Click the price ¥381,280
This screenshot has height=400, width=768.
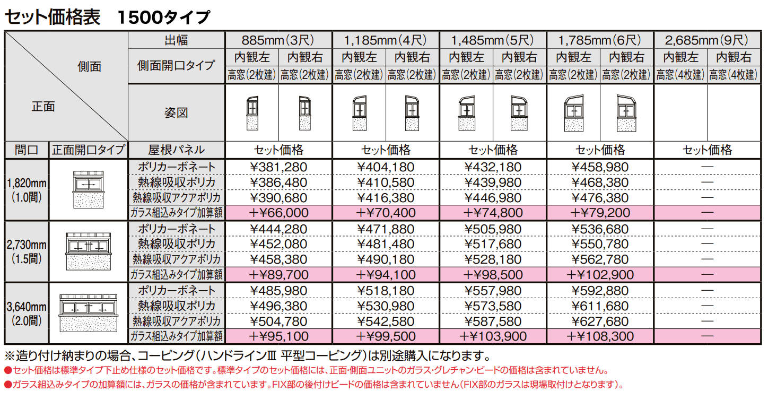click(278, 167)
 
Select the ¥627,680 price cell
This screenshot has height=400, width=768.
click(600, 321)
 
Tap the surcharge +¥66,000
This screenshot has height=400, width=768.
click(278, 213)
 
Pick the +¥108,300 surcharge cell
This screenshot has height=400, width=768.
click(600, 336)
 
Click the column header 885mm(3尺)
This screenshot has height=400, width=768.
click(278, 40)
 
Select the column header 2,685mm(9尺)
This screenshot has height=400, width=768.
click(708, 40)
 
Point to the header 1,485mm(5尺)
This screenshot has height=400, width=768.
click(492, 40)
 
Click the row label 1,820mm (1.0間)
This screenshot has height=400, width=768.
click(27, 190)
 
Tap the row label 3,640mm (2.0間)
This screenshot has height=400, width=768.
click(27, 314)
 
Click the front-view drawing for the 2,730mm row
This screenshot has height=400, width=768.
click(88, 251)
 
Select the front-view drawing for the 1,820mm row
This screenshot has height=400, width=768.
click(88, 189)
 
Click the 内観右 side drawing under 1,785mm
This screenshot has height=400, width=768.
click(626, 112)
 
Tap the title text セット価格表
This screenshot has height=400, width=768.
click(52, 17)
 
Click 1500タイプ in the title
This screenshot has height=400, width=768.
click(163, 17)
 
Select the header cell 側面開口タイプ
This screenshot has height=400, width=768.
click(176, 65)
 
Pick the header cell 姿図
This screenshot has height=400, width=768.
click(176, 112)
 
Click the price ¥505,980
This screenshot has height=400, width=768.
click(492, 229)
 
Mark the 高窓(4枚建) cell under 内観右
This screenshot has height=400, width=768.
click(734, 75)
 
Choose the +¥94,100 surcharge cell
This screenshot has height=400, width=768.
click(386, 275)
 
